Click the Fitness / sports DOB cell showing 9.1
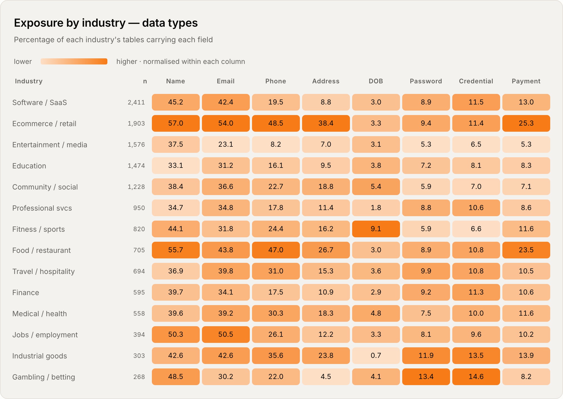[x=376, y=229]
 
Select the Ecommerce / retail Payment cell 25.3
[x=526, y=123]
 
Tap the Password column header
[x=426, y=81]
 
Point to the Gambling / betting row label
[x=44, y=377]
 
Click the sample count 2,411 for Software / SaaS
[x=136, y=102]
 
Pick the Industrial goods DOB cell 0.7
[x=376, y=356]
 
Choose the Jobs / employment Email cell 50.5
[x=226, y=335]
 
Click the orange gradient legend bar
[x=74, y=61]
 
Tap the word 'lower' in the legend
[x=23, y=61]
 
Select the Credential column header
[x=476, y=81]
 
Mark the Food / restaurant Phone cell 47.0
[x=276, y=250]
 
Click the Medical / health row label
[x=39, y=314]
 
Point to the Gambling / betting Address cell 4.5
[x=326, y=377]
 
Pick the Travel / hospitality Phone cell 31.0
[x=276, y=271]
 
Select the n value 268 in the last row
[x=139, y=377]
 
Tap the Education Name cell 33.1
[x=176, y=166]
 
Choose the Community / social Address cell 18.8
[x=326, y=187]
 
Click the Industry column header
[x=29, y=81]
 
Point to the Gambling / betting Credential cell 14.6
[x=476, y=377]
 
